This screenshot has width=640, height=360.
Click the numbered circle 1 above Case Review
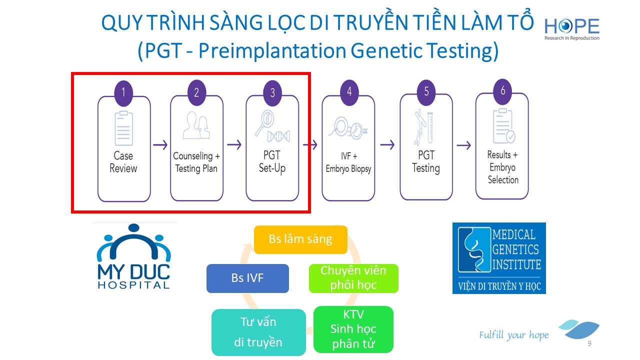coord(123,92)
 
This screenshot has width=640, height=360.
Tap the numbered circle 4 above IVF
coord(349,91)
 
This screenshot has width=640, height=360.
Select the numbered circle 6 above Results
coord(502,90)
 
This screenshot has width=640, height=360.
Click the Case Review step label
coord(123,162)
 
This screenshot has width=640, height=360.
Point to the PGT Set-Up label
coord(272,162)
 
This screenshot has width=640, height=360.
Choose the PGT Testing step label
coord(425,162)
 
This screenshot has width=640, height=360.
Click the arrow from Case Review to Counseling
coord(160,145)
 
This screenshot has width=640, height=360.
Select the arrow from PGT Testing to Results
coord(463,145)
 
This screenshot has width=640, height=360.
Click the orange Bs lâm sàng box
coord(300,239)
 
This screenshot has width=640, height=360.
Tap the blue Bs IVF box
coord(247,278)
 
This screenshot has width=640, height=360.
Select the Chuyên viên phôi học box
coord(353,278)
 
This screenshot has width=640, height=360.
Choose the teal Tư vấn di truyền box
coord(258,332)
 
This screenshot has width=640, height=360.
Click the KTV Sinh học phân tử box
coord(353,329)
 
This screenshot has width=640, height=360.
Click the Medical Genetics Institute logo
coord(499,258)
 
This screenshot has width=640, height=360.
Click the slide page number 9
coord(589,344)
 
